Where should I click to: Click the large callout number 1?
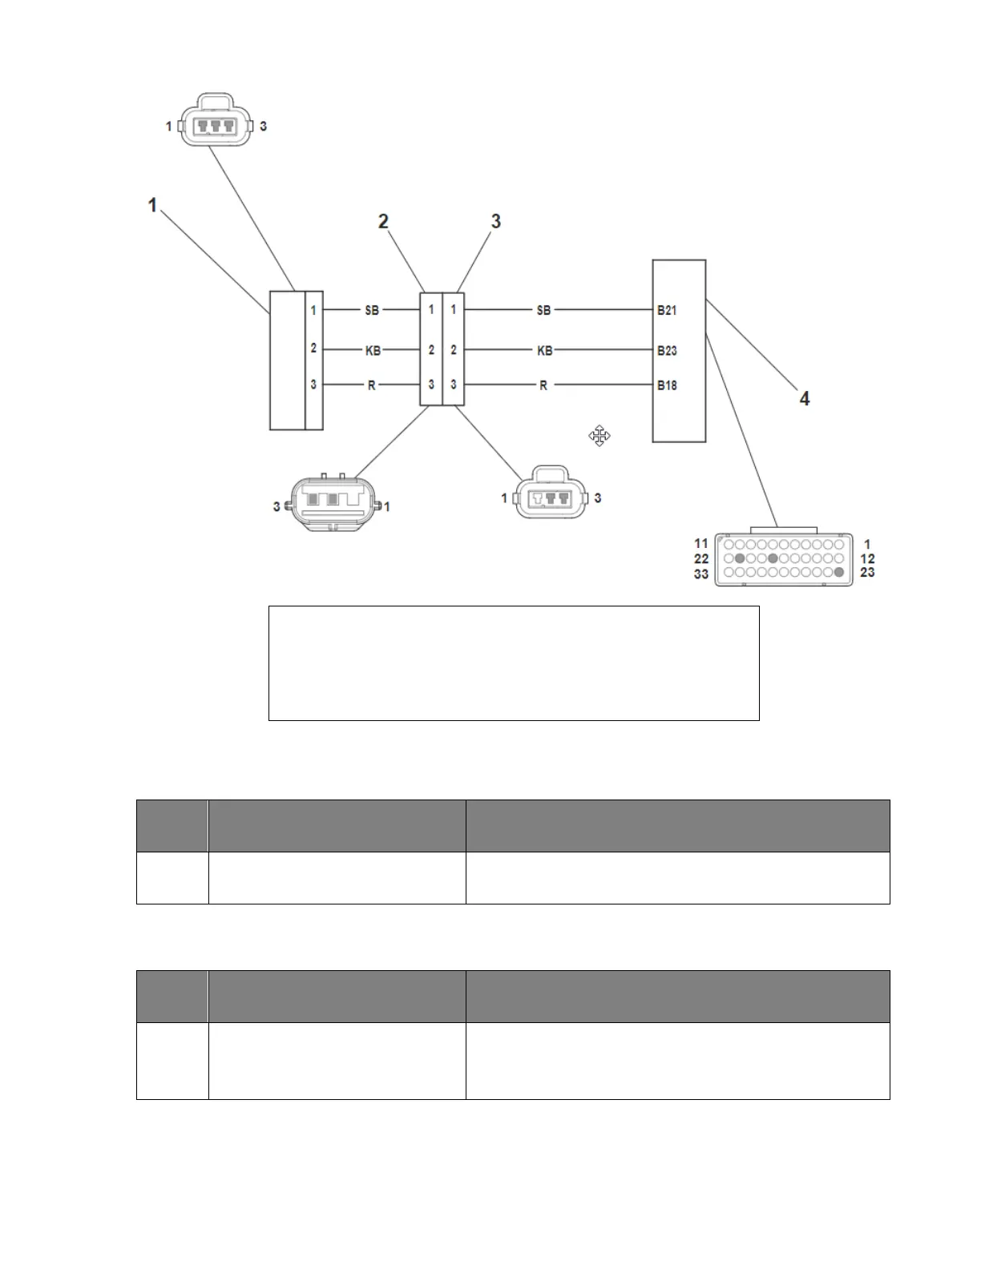[152, 206]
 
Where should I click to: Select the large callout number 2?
[384, 221]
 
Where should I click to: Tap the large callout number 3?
[495, 221]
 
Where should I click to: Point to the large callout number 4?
[805, 397]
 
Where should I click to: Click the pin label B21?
[667, 310]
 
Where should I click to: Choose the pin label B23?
[667, 350]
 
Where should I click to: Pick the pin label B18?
[667, 385]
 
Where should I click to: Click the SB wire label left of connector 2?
[372, 310]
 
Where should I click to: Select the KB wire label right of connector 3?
[544, 350]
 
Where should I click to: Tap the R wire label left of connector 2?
[372, 385]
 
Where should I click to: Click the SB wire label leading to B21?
[543, 310]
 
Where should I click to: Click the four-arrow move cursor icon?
[599, 436]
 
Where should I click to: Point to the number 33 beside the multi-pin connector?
[701, 574]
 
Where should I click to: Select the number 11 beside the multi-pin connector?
[701, 544]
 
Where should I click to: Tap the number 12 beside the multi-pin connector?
[867, 558]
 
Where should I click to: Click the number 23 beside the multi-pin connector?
[867, 573]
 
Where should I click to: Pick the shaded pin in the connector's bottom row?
[838, 573]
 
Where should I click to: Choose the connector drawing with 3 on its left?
[331, 505]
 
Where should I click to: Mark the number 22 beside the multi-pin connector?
[701, 558]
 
